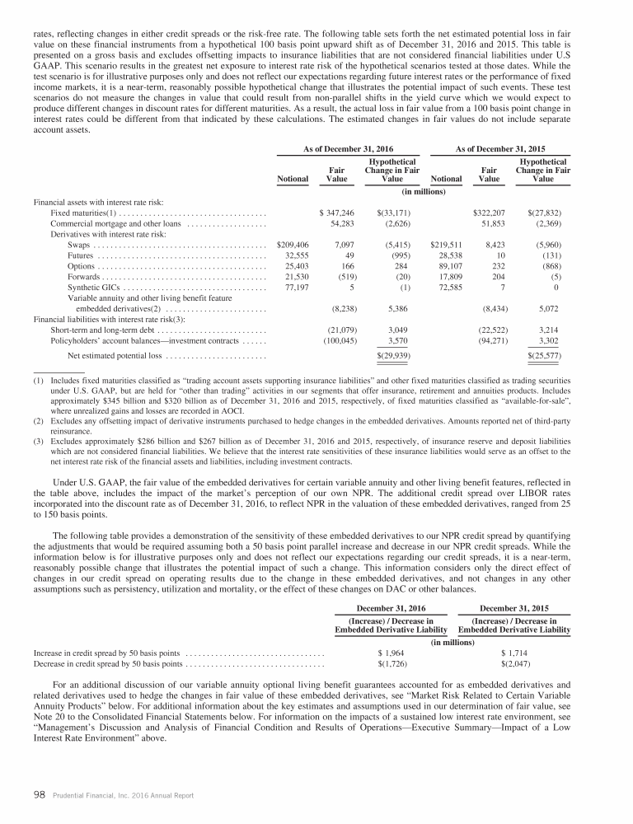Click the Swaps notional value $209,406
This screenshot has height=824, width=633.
288,245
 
